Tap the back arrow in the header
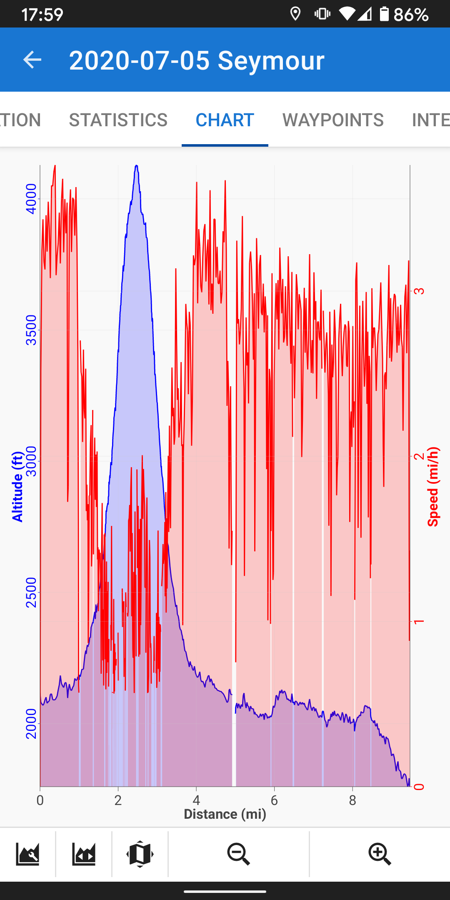click(x=32, y=60)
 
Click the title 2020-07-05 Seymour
click(x=197, y=60)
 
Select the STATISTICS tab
click(x=118, y=120)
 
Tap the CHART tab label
click(x=225, y=120)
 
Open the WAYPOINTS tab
click(x=333, y=120)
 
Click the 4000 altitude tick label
click(x=31, y=199)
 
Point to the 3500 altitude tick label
click(x=31, y=330)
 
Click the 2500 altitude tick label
click(x=31, y=592)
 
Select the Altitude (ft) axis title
click(x=17, y=487)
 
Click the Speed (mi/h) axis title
click(x=433, y=487)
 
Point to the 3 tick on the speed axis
click(x=419, y=291)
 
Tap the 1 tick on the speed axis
click(x=419, y=622)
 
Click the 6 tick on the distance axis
click(x=274, y=800)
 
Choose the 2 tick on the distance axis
click(x=118, y=800)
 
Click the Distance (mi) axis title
click(x=225, y=814)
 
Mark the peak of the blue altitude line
click(x=136, y=166)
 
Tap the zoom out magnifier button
click(x=239, y=854)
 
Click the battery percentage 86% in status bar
click(x=411, y=15)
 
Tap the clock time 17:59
click(x=42, y=15)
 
